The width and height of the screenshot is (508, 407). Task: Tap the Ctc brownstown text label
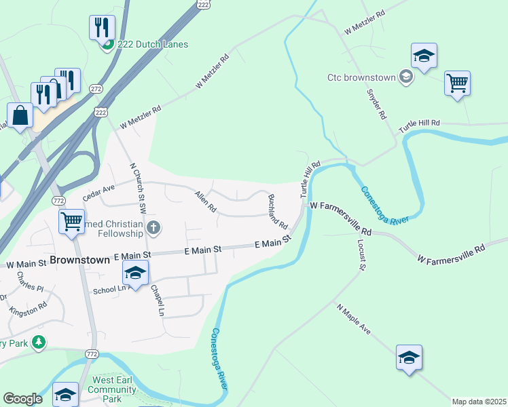coord(361,77)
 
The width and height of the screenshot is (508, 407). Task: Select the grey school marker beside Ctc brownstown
coord(405,77)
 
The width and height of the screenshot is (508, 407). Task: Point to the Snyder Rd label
coord(376,103)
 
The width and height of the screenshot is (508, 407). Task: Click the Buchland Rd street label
coord(277,211)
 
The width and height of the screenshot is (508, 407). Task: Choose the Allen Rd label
coord(204,201)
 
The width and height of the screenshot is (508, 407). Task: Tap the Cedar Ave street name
coord(99,193)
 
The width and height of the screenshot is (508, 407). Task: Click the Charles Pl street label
coord(30,282)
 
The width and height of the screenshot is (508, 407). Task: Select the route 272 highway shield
coord(96,89)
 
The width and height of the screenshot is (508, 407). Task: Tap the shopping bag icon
coord(20,116)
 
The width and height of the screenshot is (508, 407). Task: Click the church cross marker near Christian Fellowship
coord(153,227)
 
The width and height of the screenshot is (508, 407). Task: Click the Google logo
coord(23,399)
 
